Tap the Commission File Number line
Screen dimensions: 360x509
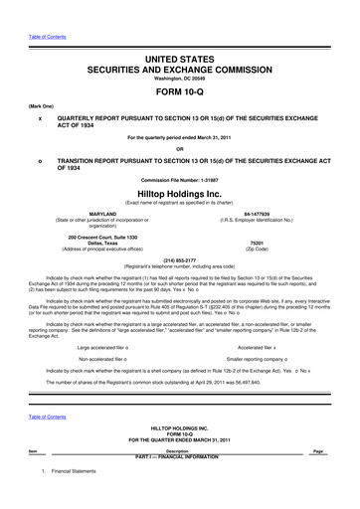point(180,180)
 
